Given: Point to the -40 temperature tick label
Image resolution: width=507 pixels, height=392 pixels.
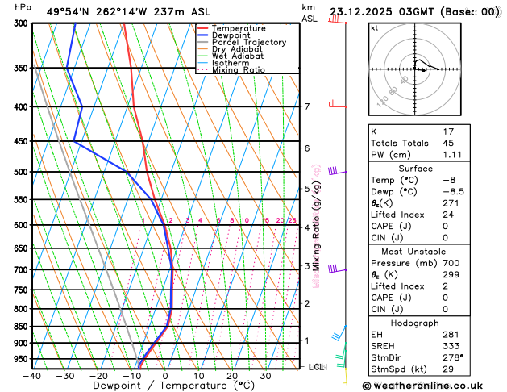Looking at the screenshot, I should tap(32, 376).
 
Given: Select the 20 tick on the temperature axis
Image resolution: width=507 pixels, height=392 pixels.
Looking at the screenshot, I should tap(232, 376).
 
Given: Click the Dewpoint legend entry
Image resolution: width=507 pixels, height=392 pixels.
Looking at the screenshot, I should tap(231, 35).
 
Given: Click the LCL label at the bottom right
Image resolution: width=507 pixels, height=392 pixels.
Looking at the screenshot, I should tap(318, 367).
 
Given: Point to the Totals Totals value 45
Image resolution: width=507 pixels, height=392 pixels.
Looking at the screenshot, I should tap(448, 143).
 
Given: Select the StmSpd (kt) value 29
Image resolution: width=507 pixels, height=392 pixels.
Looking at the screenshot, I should tap(448, 369).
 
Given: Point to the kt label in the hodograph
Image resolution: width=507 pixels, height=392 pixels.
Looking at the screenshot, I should tap(373, 27).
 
